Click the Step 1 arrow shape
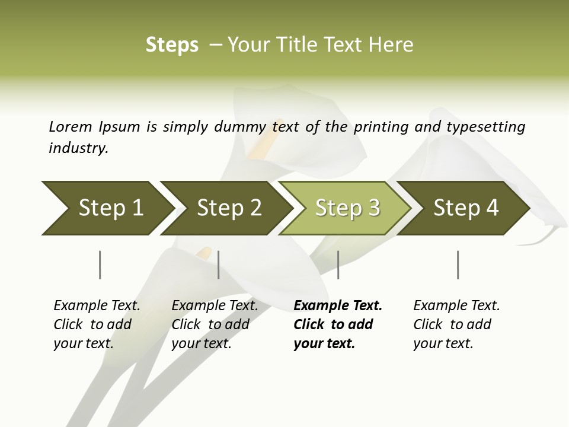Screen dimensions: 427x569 point(107,208)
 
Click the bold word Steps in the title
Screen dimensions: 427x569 point(172,45)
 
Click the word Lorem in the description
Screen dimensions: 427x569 point(71,126)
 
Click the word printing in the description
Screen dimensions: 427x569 point(388,127)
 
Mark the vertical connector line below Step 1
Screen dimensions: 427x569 point(100,265)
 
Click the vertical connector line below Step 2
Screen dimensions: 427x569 point(219,265)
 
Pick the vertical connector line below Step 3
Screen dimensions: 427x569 point(338,265)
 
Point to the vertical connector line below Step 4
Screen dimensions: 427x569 point(458,265)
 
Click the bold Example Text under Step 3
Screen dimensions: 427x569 point(338,305)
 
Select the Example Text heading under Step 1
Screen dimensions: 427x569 point(97,305)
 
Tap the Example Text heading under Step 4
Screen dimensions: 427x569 point(456,305)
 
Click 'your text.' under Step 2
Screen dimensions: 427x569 point(201,343)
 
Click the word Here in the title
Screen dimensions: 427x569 point(392,45)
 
